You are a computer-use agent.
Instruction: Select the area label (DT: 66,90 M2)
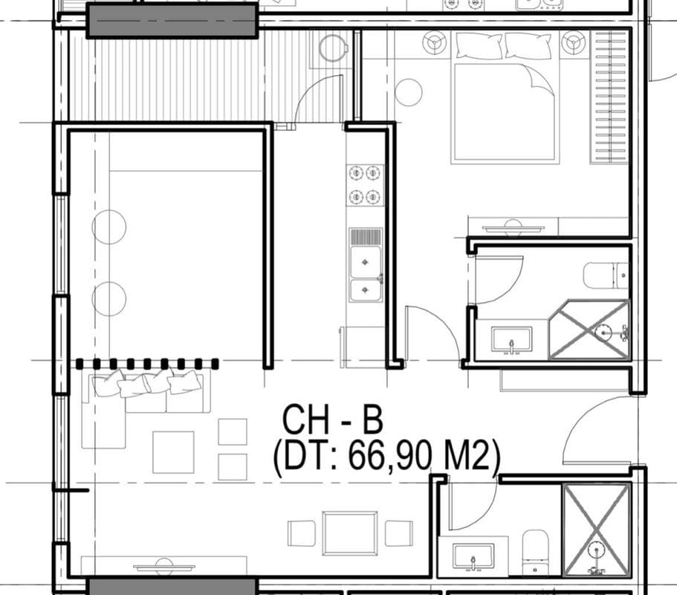coord(385,457)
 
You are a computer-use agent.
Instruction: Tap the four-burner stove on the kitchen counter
coord(366,185)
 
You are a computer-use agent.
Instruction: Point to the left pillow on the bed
coord(479,46)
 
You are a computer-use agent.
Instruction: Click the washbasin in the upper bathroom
coord(512,339)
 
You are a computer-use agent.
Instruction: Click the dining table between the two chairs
coord(349,533)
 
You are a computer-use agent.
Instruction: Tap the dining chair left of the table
coord(301,533)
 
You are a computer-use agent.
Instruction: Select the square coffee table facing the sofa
coord(173,452)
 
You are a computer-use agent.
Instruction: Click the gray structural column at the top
coord(172,20)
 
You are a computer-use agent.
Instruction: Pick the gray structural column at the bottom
coord(166,586)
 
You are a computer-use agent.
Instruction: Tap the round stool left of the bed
coord(408,93)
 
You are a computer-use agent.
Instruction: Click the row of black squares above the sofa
coord(147,364)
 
